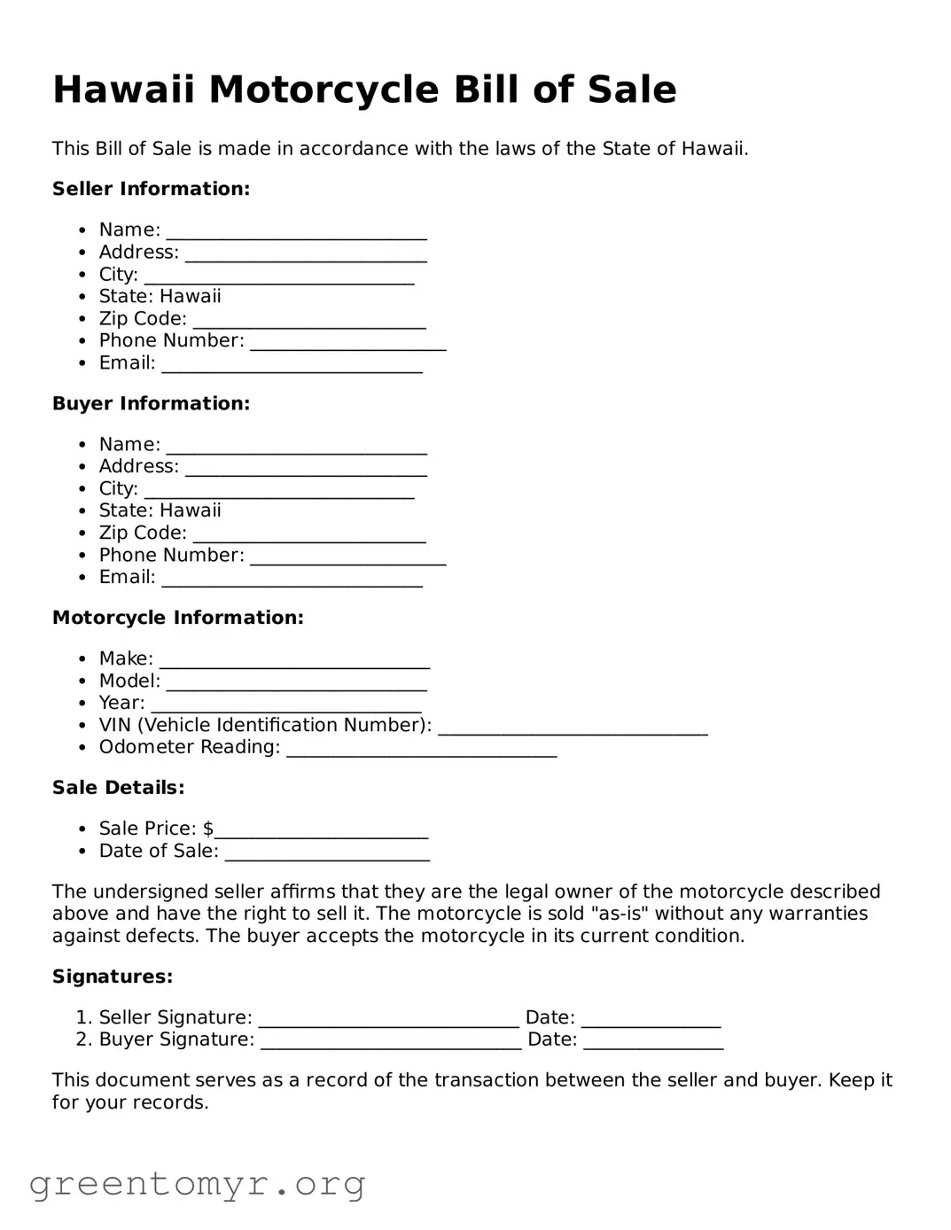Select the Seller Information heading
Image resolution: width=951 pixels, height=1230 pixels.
[151, 189]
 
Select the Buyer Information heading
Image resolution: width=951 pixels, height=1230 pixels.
[151, 403]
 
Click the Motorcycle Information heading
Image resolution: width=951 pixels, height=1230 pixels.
[177, 618]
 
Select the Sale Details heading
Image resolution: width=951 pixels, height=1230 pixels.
[118, 788]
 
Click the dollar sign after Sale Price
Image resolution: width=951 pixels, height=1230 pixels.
[208, 829]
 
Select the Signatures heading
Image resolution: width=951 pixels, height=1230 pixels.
[113, 977]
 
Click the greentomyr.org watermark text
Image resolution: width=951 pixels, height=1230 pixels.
[197, 1184]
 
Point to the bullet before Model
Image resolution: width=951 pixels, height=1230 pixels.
[82, 681]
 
